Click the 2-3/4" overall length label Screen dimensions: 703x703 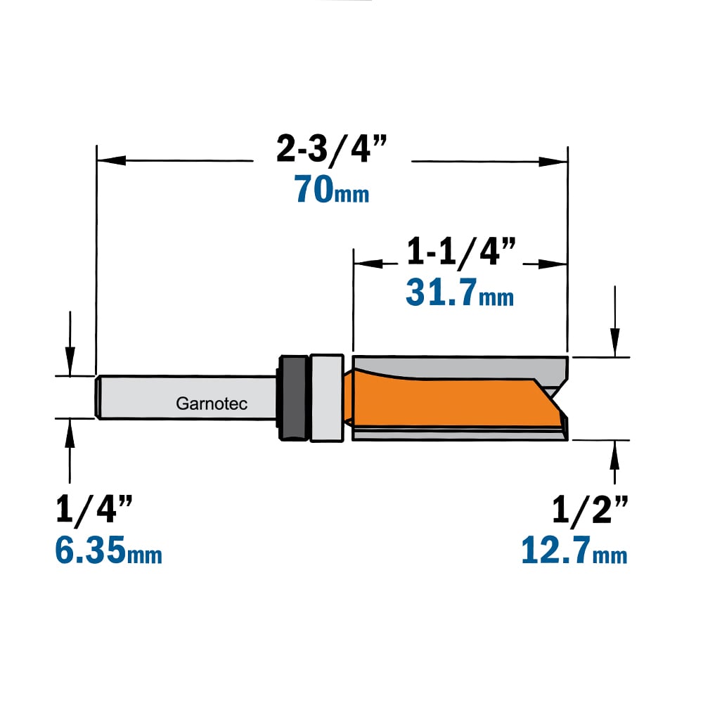click(331, 148)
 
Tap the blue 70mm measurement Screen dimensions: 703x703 click(331, 190)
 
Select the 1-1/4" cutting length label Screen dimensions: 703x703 click(461, 251)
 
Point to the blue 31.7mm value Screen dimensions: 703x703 click(460, 292)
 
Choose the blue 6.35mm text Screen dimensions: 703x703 click(108, 550)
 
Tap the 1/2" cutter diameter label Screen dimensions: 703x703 click(590, 509)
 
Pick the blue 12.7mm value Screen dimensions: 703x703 click(574, 550)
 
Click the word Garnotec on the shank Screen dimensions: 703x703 click(212, 404)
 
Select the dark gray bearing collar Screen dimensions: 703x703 click(293, 398)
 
